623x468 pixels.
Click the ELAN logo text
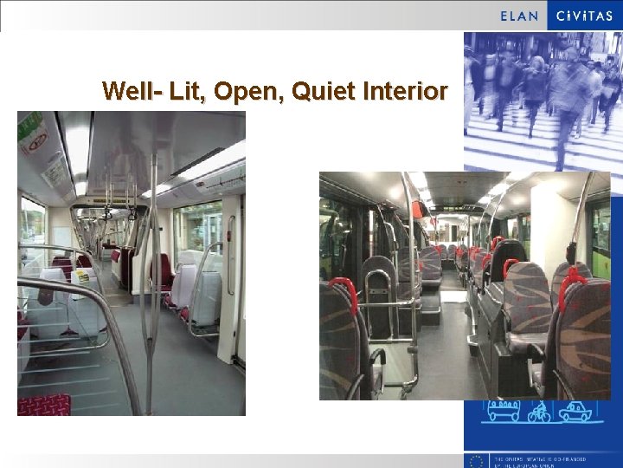[x=519, y=15]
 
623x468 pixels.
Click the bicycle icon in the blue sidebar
[x=539, y=411]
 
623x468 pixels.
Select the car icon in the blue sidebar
[x=575, y=411]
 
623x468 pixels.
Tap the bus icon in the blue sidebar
[x=501, y=411]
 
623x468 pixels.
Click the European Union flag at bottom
[x=475, y=460]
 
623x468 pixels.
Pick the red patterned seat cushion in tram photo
[x=43, y=405]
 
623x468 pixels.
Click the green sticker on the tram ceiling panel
[x=30, y=124]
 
